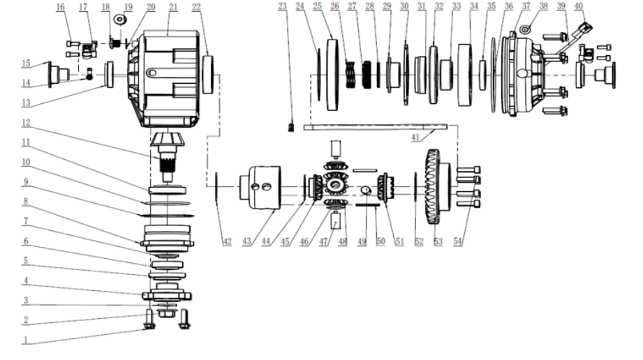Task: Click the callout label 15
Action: (x=25, y=63)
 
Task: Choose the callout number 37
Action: (x=526, y=7)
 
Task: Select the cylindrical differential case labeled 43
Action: (x=260, y=187)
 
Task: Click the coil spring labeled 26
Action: (x=353, y=73)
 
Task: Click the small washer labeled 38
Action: (x=526, y=31)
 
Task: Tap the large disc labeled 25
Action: (x=332, y=73)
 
